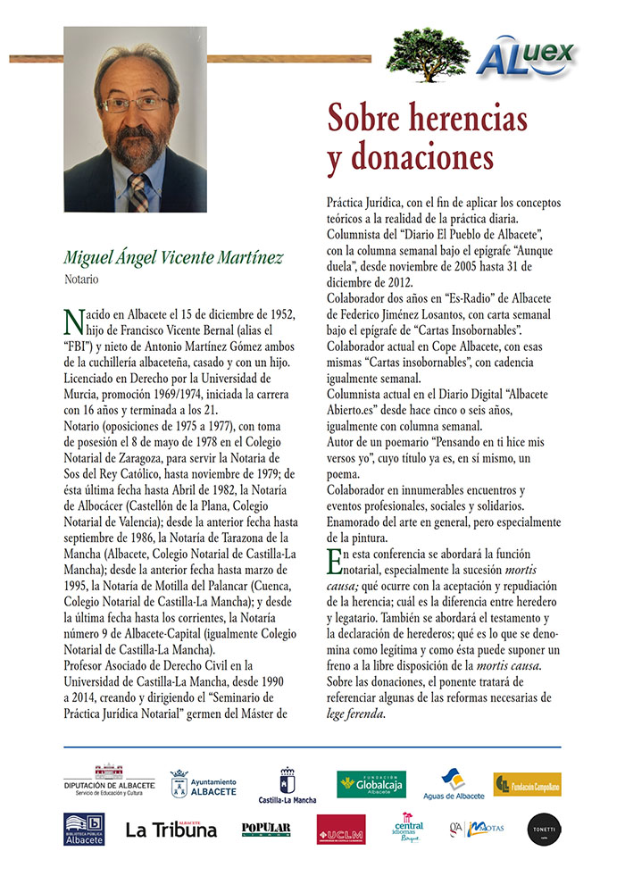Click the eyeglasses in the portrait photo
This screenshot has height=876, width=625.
pyautogui.click(x=135, y=104)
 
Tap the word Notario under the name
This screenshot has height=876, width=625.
pyautogui.click(x=81, y=279)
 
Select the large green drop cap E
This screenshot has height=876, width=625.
pyautogui.click(x=335, y=562)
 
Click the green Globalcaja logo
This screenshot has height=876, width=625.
pyautogui.click(x=371, y=783)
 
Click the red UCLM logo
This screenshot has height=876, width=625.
pyautogui.click(x=340, y=829)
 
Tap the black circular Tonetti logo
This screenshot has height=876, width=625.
pyautogui.click(x=543, y=828)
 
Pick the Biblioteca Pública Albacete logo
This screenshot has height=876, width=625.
pyautogui.click(x=84, y=829)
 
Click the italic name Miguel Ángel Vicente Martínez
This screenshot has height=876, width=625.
pyautogui.click(x=173, y=258)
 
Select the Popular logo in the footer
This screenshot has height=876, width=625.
pyautogui.click(x=266, y=829)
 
